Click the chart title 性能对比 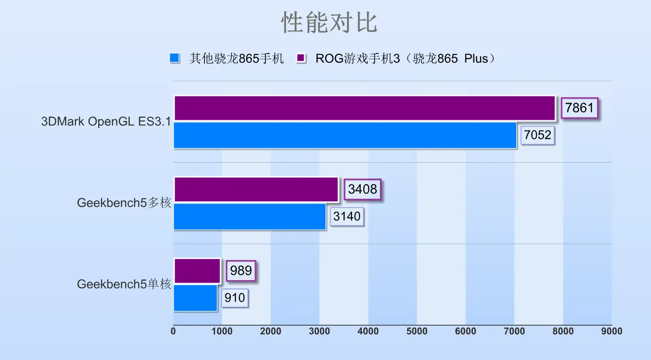click(x=329, y=23)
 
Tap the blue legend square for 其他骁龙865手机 click(x=175, y=58)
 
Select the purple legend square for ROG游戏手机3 click(x=301, y=58)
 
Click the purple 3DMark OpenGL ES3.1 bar click(x=365, y=108)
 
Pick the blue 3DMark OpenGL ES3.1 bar click(x=345, y=135)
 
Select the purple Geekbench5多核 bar click(x=256, y=189)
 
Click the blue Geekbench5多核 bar click(x=250, y=217)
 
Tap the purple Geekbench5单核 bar click(x=197, y=271)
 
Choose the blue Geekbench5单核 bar click(x=196, y=298)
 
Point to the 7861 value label click(x=579, y=108)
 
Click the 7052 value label click(x=537, y=135)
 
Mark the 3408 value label click(x=362, y=189)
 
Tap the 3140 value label click(x=347, y=217)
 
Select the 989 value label click(x=241, y=271)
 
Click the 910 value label click(x=235, y=298)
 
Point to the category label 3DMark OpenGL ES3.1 click(x=106, y=121)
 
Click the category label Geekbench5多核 click(x=124, y=203)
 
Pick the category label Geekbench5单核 click(x=124, y=285)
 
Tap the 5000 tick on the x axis click(x=417, y=331)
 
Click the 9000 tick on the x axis click(x=612, y=331)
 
